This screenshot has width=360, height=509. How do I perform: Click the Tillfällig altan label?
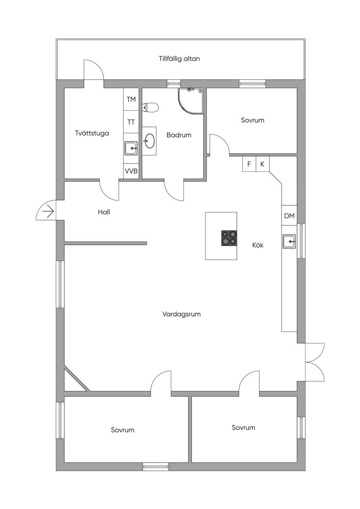(179, 59)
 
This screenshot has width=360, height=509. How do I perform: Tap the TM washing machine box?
(131, 99)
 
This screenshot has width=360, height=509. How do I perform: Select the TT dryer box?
(131, 122)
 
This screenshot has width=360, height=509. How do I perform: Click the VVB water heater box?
(131, 171)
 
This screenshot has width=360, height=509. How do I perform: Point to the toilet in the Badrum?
(150, 108)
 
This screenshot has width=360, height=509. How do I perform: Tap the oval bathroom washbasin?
(149, 141)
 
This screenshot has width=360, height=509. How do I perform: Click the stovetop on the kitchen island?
(229, 238)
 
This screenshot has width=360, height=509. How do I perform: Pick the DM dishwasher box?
(289, 215)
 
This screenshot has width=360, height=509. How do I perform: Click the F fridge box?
(249, 164)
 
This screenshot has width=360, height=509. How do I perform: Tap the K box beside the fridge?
(263, 164)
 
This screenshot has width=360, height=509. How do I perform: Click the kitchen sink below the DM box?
(289, 241)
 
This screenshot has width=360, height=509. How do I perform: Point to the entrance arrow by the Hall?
(48, 212)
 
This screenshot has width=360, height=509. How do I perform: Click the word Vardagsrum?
(181, 314)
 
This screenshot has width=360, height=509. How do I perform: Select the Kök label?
(258, 245)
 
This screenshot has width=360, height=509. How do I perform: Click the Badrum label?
(179, 135)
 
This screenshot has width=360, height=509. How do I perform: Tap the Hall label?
(104, 212)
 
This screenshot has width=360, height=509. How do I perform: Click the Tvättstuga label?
(92, 133)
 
